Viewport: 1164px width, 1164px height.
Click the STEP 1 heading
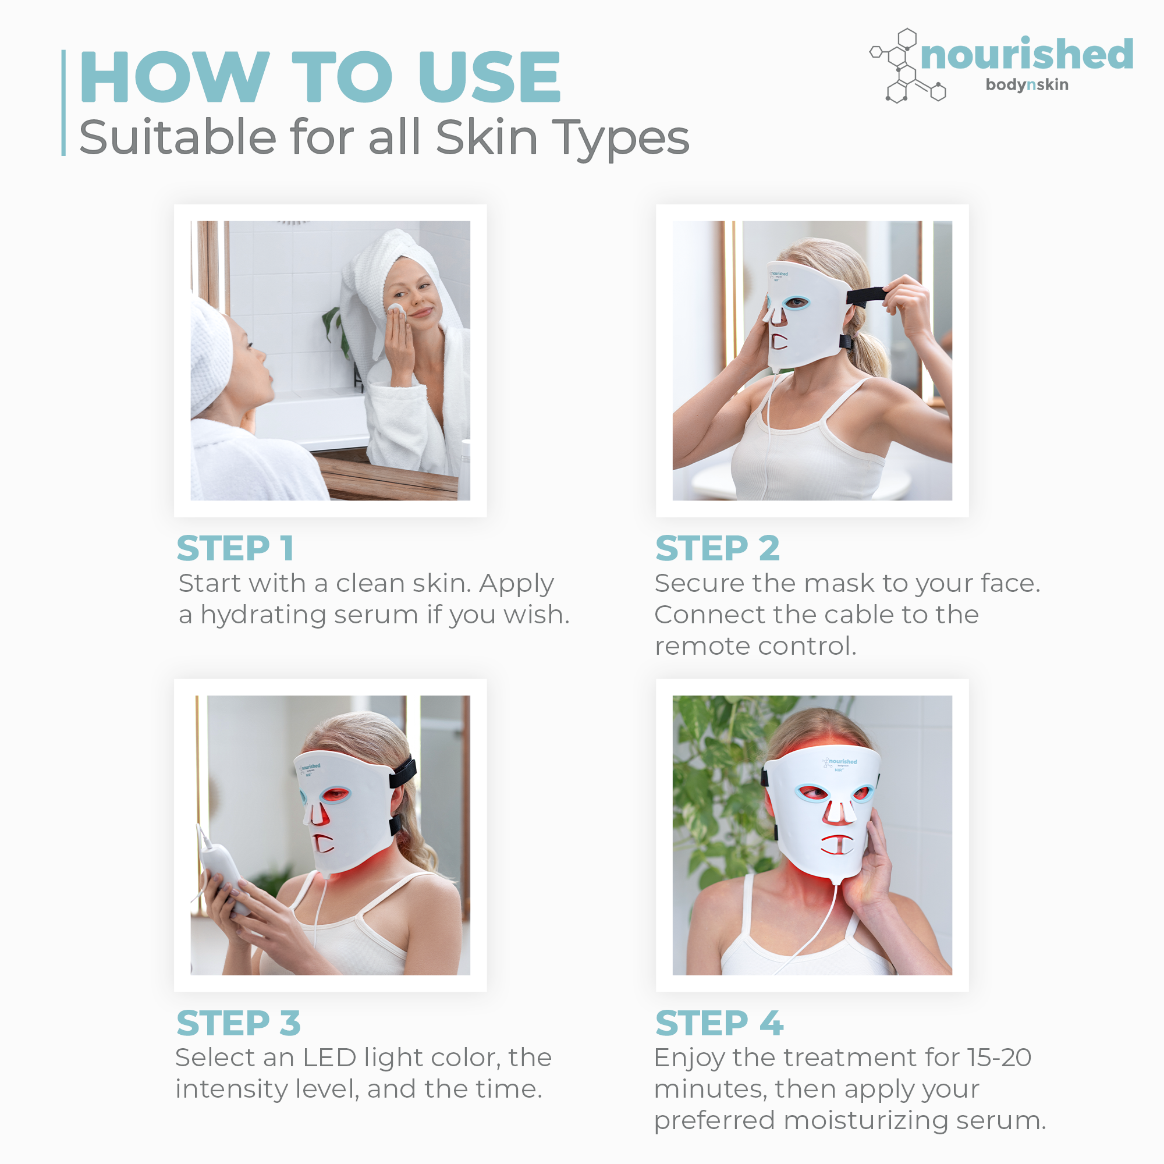pyautogui.click(x=235, y=548)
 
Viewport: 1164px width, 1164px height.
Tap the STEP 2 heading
pyautogui.click(x=718, y=548)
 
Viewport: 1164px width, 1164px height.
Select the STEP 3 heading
pyautogui.click(x=239, y=1023)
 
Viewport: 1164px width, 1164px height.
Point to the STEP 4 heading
pyautogui.click(x=719, y=1023)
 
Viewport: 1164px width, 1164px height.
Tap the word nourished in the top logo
pyautogui.click(x=1027, y=54)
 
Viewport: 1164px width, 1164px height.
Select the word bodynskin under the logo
pyautogui.click(x=1027, y=85)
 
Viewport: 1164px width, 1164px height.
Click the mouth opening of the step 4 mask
pyautogui.click(x=836, y=843)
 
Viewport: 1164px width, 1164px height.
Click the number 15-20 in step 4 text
pyautogui.click(x=999, y=1057)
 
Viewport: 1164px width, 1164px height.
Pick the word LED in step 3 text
pyautogui.click(x=329, y=1057)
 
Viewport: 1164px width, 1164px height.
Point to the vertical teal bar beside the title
pyautogui.click(x=63, y=103)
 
